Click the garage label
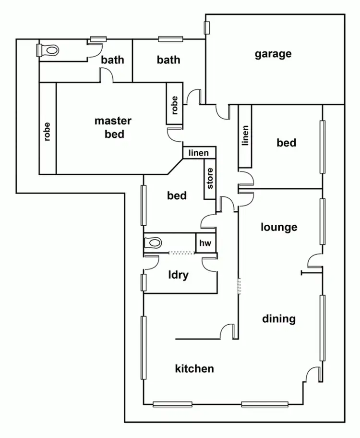[273, 53]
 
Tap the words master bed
[113, 127]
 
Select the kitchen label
[194, 368]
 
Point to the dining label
[278, 318]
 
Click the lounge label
[279, 227]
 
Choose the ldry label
[178, 275]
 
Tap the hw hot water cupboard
[205, 243]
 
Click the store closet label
[210, 178]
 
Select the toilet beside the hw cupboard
[153, 243]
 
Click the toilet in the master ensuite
[48, 49]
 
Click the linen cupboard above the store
[199, 153]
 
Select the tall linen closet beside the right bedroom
[245, 136]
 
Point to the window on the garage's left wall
[207, 28]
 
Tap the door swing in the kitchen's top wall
[228, 331]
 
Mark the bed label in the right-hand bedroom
[286, 143]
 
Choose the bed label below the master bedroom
[177, 195]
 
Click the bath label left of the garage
[168, 60]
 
